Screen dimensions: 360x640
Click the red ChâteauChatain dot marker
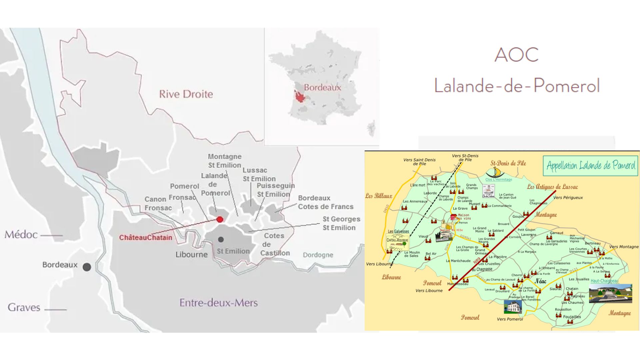220,219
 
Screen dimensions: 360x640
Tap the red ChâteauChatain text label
146,238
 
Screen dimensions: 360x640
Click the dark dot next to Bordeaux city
87,267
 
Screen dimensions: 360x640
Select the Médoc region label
21,235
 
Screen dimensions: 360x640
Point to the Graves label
24,307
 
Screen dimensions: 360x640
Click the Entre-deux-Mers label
218,303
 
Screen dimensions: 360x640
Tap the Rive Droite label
186,94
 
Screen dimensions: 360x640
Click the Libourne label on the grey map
191,255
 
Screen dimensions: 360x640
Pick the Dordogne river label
318,255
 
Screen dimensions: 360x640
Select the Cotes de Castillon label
274,244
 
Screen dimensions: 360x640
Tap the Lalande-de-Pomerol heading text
517,85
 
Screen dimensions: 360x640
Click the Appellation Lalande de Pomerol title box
590,166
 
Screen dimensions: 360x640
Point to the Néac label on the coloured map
540,281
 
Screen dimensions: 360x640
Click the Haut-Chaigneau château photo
610,293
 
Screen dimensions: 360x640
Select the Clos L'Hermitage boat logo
495,173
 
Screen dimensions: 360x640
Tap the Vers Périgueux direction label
568,198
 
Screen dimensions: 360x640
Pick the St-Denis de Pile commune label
508,163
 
